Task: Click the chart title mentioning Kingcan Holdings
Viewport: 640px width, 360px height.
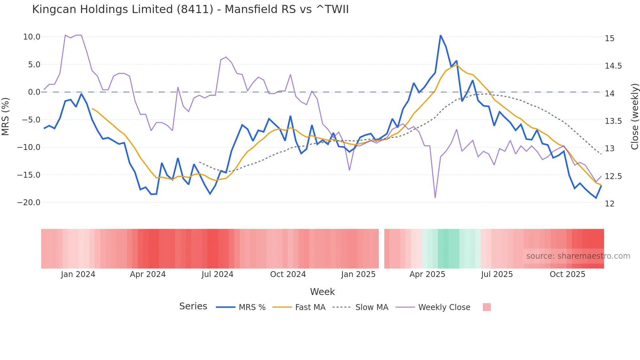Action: (x=190, y=9)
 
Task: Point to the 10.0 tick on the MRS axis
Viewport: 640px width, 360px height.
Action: (x=32, y=37)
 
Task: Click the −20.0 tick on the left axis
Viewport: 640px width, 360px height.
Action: (x=29, y=203)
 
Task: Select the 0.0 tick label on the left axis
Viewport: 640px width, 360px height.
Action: (x=34, y=92)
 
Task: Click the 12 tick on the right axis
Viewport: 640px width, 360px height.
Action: (x=609, y=204)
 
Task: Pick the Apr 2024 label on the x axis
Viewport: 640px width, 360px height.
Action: (x=148, y=274)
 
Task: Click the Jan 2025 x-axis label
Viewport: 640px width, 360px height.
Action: (x=358, y=274)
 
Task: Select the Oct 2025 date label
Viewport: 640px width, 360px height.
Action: (x=567, y=274)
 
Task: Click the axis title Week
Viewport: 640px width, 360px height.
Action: (x=322, y=292)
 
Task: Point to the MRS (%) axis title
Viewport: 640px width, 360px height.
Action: (x=6, y=116)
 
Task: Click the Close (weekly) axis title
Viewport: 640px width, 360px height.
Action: (x=634, y=116)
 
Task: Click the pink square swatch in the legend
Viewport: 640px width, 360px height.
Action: (x=487, y=307)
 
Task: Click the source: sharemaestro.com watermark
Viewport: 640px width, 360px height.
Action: (x=578, y=256)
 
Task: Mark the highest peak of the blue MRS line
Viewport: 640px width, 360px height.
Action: (x=440, y=35)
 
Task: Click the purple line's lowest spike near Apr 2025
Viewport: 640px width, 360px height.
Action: (x=435, y=197)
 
